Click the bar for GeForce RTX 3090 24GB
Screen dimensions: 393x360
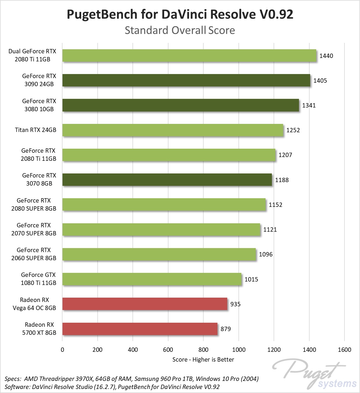186,80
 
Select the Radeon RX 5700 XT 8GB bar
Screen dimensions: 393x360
140,329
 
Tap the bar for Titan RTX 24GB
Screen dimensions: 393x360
173,130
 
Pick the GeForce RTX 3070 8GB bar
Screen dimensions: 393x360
167,180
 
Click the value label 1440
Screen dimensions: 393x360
326,56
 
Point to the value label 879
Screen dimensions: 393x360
226,329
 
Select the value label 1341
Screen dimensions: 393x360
309,105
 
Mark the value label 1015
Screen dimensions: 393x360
251,279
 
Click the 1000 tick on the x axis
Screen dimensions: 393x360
239,350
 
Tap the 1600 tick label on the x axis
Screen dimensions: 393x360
344,350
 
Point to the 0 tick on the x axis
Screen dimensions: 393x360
62,350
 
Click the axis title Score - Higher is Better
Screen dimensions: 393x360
203,360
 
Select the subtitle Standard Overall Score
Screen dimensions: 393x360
180,30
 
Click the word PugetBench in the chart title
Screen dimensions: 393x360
102,14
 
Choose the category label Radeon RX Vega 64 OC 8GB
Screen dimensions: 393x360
34,304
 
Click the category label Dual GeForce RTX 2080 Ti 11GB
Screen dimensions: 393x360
32,55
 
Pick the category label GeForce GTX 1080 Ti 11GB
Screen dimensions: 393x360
38,279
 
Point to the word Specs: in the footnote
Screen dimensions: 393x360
13,379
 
